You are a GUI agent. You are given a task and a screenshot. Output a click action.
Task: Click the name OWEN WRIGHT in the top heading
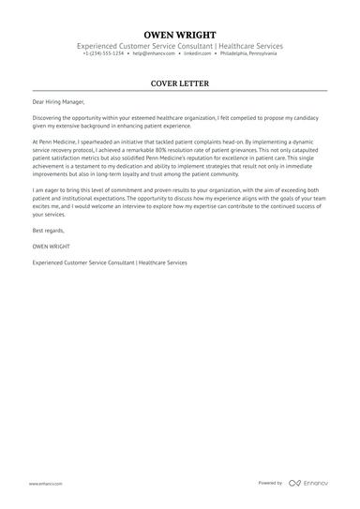(180, 34)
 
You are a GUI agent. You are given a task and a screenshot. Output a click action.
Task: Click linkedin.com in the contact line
(196, 54)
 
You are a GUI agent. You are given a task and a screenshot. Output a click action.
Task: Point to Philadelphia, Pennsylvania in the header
(248, 54)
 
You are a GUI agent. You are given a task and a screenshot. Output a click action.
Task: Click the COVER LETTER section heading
(180, 83)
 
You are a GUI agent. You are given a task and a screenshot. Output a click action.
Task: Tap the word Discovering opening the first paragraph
(51, 119)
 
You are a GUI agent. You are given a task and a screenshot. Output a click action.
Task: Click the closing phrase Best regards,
(51, 230)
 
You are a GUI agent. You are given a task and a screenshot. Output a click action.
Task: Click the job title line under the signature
(109, 262)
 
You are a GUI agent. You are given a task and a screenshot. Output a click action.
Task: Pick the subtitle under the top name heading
(180, 46)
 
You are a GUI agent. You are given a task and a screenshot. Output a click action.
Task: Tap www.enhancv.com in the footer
(45, 484)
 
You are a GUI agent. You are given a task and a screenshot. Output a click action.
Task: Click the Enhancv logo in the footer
(309, 483)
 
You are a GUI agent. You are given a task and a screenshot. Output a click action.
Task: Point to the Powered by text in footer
(270, 483)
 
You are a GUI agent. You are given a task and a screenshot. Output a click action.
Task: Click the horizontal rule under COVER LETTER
(180, 91)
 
